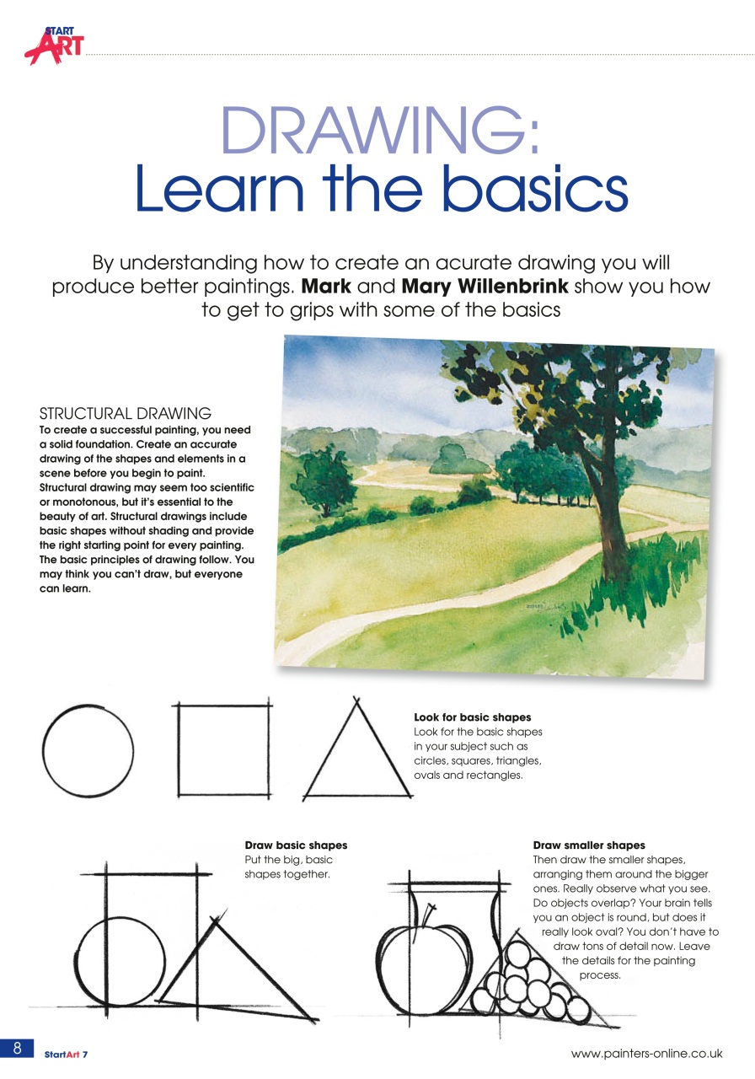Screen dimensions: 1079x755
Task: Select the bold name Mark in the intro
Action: click(x=327, y=286)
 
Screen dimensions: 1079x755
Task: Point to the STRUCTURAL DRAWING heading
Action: click(x=126, y=413)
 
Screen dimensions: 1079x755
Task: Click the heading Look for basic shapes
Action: click(x=472, y=717)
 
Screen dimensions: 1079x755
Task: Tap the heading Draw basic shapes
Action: click(x=296, y=845)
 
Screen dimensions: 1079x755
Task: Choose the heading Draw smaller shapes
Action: click(x=589, y=845)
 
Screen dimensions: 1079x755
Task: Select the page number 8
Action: click(x=16, y=1047)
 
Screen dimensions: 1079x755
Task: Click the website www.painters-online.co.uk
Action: click(x=646, y=1053)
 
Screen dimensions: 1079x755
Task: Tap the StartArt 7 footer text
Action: click(x=67, y=1054)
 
